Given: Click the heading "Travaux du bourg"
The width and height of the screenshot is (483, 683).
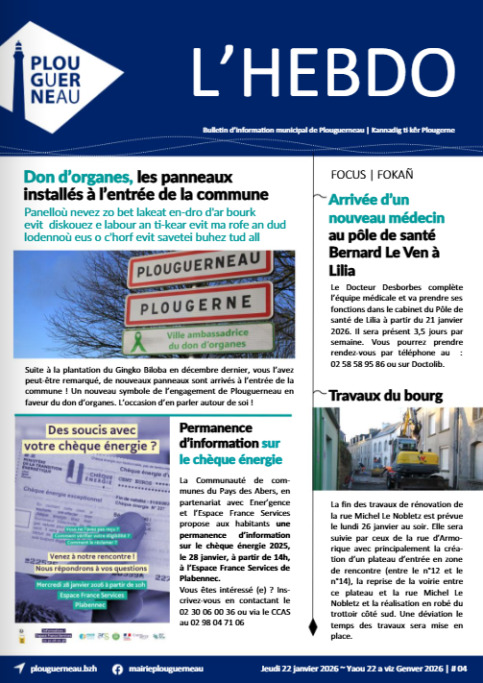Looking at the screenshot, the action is [x=385, y=395].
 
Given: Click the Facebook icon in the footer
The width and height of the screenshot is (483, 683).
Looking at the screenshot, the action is [x=117, y=668].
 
